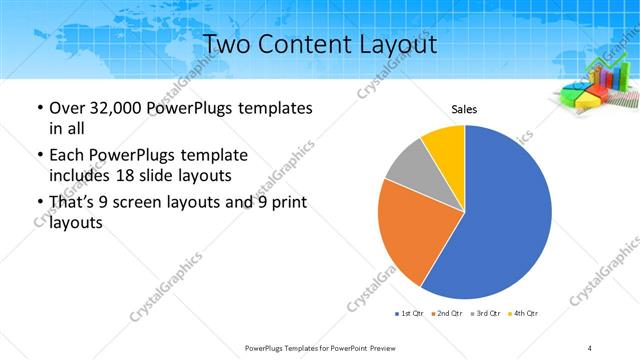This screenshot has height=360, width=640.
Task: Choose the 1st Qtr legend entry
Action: [410, 314]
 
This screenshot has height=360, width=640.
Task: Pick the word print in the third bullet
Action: [290, 203]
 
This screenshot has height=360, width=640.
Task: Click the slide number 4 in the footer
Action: [590, 347]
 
